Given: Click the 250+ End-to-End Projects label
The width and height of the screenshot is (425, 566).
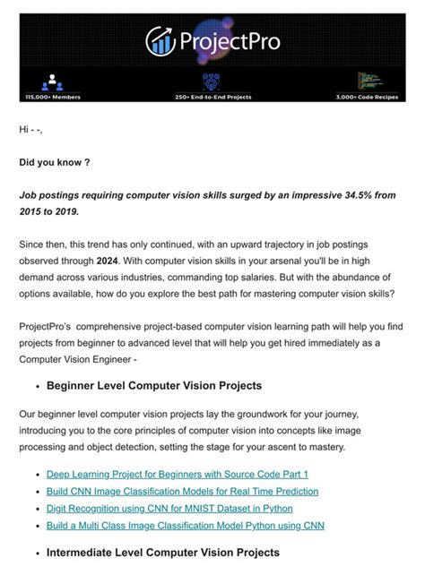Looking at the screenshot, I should (x=212, y=96).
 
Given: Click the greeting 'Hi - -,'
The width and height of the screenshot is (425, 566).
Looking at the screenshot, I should (x=30, y=130).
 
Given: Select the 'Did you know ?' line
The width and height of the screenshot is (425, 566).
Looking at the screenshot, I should (x=55, y=164).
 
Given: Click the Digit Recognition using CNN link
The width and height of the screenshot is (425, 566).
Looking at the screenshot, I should (x=169, y=508).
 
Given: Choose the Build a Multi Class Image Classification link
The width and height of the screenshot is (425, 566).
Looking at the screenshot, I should (x=185, y=525).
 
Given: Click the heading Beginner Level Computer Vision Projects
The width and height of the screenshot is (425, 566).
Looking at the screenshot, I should (x=154, y=386).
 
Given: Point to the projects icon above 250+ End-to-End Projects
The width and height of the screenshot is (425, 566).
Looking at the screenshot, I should (x=212, y=81).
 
